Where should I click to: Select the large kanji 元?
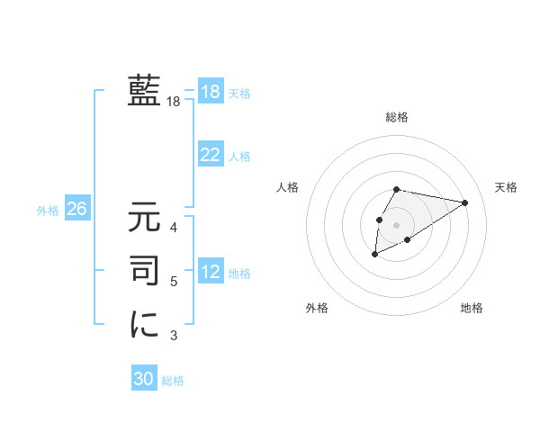click(x=144, y=218)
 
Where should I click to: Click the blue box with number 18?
click(x=210, y=93)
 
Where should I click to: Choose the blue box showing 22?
click(x=210, y=155)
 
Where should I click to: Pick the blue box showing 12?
click(x=210, y=272)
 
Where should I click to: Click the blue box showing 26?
click(x=76, y=209)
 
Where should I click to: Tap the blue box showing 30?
click(x=144, y=379)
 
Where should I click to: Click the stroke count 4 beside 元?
click(x=174, y=227)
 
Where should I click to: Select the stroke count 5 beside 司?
click(x=174, y=282)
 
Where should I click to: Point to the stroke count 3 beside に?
click(x=174, y=336)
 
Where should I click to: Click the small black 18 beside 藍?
click(x=174, y=103)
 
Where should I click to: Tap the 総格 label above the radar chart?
click(x=397, y=117)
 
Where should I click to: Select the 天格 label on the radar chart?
click(x=507, y=187)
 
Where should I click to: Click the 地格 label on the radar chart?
click(x=472, y=308)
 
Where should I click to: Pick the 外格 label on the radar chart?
click(x=317, y=308)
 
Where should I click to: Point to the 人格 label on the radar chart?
click(x=288, y=187)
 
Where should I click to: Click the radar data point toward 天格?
click(x=464, y=202)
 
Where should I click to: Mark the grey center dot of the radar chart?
click(x=396, y=224)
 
